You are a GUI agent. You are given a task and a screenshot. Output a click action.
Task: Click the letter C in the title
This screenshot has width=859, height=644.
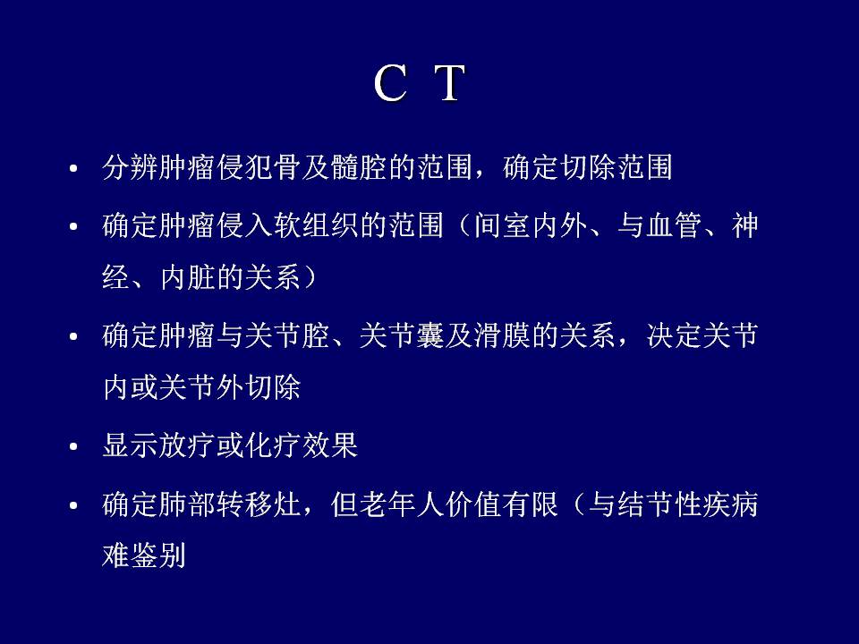pos(390,83)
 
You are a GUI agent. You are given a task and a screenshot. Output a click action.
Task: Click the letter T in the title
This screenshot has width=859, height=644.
pos(450,83)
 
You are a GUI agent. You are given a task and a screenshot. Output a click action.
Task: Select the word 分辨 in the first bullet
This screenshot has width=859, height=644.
pos(131,167)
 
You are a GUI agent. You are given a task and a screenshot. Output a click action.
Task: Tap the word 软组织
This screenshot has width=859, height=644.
pos(317,225)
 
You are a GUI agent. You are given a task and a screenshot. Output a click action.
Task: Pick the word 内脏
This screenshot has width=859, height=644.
pos(188,277)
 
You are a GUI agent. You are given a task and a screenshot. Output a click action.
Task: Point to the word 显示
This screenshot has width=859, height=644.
pos(131,445)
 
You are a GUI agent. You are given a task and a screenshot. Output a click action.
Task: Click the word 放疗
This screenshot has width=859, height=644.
pos(188,445)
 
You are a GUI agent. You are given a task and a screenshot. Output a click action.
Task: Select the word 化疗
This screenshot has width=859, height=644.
pos(274,445)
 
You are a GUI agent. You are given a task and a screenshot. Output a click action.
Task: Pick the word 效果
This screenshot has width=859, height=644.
pos(331,445)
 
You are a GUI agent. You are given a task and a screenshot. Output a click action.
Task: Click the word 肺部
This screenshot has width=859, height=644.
pos(188,504)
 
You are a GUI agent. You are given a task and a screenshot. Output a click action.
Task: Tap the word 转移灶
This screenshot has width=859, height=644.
pos(259,504)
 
